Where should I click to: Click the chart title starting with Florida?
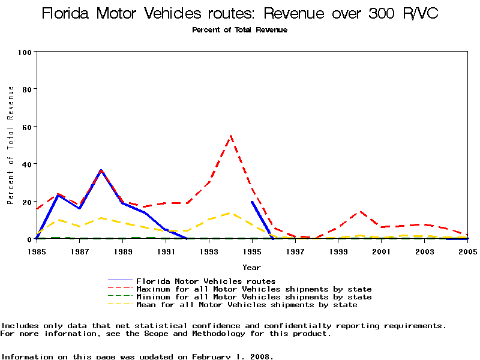(240, 13)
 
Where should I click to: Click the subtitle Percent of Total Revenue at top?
(239, 30)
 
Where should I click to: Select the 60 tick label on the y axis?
(26, 127)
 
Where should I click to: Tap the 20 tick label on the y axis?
(26, 202)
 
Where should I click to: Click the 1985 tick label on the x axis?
(37, 251)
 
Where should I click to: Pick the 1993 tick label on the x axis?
(209, 251)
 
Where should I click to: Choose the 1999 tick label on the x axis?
(338, 251)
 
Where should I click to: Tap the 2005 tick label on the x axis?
(467, 251)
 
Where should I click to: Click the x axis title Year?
(251, 267)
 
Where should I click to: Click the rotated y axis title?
(11, 145)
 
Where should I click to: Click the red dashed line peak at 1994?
(230, 136)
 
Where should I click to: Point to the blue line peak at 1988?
(101, 171)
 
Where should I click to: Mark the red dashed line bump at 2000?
(360, 211)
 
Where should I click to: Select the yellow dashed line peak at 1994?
(230, 213)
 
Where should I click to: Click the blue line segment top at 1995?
(252, 202)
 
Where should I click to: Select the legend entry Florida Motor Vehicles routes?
(206, 281)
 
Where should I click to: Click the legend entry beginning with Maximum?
(254, 289)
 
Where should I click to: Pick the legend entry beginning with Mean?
(247, 305)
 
